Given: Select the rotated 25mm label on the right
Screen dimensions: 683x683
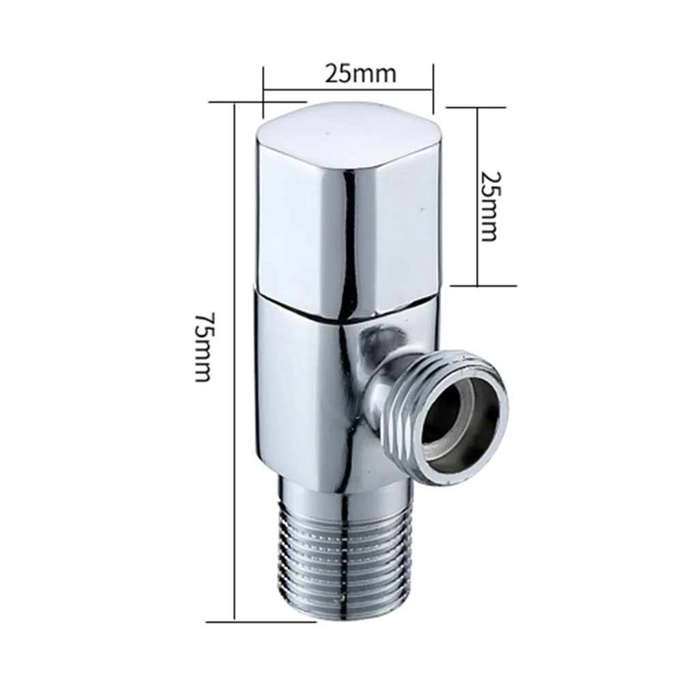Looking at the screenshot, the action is click(x=489, y=205).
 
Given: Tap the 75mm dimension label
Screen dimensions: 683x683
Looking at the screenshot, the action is click(x=203, y=347).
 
